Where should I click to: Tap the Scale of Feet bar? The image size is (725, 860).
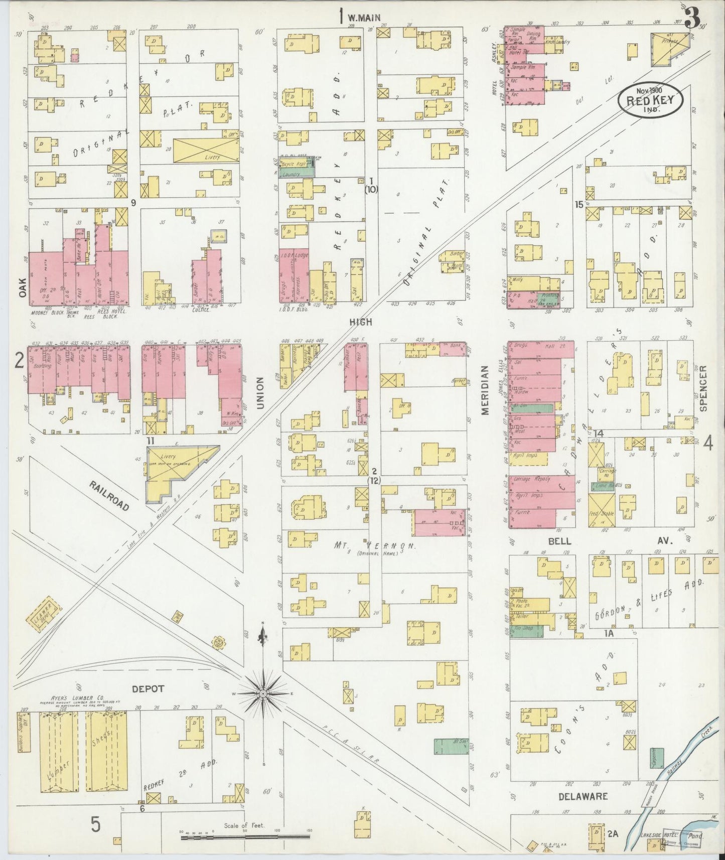(245, 837)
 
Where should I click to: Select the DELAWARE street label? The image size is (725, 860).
(584, 796)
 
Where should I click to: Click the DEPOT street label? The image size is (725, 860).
(148, 689)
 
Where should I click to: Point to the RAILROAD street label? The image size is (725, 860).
(109, 496)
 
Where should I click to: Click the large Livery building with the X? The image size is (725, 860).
(206, 149)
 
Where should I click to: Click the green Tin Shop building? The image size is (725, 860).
(527, 631)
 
